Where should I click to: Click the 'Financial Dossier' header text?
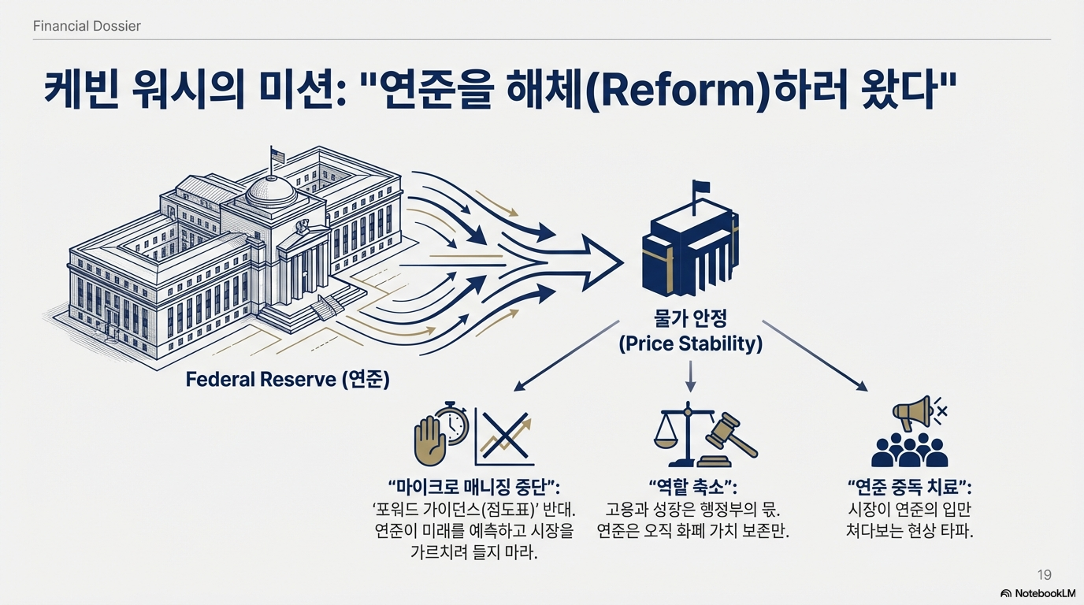tap(87, 26)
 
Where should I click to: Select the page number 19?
tap(1044, 574)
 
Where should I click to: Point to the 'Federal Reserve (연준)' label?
tap(288, 379)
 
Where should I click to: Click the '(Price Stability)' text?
tap(690, 343)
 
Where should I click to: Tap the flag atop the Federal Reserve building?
tap(277, 154)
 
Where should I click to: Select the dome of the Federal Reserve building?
tap(270, 189)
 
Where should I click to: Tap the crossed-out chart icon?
tap(505, 438)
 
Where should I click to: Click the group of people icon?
tap(910, 451)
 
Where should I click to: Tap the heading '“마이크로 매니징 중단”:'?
tap(480, 485)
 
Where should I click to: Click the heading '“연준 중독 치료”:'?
tap(909, 485)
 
